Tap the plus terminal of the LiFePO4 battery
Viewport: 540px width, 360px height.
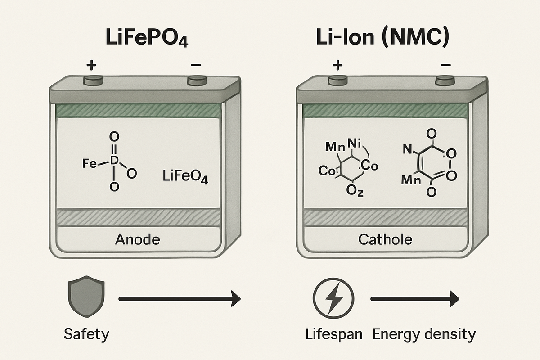coord(94,81)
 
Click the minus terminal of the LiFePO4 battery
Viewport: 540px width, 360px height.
coord(196,81)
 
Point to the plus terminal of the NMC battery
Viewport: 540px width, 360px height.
coord(337,81)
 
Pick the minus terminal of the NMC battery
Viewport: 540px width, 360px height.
coord(445,81)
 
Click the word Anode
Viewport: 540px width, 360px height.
coord(137,239)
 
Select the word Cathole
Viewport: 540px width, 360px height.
coord(385,239)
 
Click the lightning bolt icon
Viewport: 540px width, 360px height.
coord(333,299)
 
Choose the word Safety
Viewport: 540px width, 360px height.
coord(86,334)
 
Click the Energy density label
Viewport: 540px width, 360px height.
coord(424,334)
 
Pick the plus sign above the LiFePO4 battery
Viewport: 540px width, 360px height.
coord(91,66)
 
